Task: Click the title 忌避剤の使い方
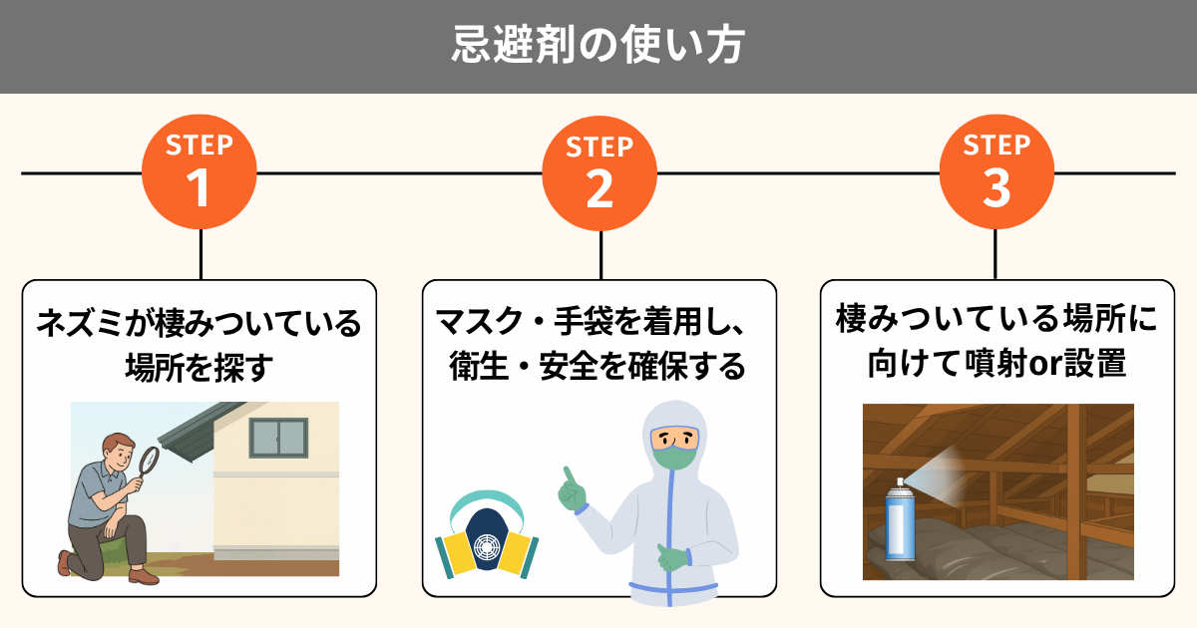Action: click(x=598, y=46)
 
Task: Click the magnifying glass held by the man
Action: click(x=148, y=460)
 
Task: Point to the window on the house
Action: click(x=277, y=437)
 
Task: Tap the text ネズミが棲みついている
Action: click(x=199, y=324)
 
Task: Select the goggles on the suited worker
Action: click(x=675, y=437)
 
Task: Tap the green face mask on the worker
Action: click(x=675, y=458)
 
